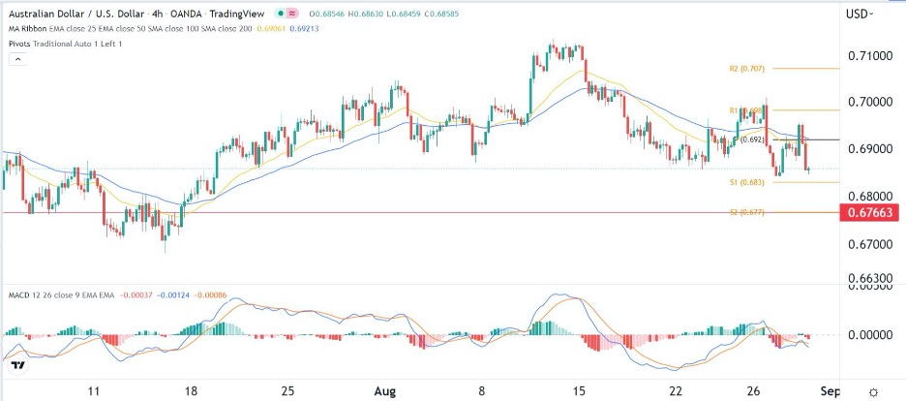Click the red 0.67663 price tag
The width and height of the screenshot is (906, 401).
[x=871, y=213]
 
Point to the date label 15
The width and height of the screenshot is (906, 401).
[x=579, y=390]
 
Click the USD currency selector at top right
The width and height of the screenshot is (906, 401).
[x=859, y=14]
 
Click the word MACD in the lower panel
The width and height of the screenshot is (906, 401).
[x=17, y=293]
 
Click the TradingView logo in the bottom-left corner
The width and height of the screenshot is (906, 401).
[x=15, y=366]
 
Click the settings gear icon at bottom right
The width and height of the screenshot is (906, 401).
[x=873, y=390]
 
